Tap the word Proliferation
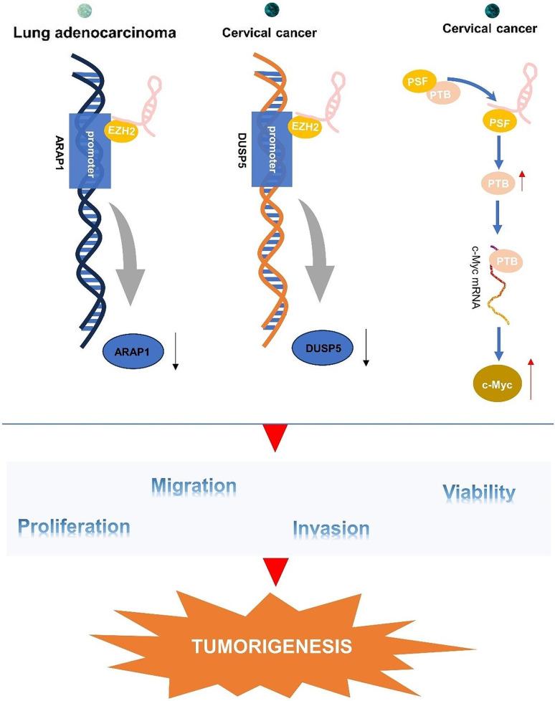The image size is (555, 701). coord(75,527)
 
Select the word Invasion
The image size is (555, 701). coord(331,529)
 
